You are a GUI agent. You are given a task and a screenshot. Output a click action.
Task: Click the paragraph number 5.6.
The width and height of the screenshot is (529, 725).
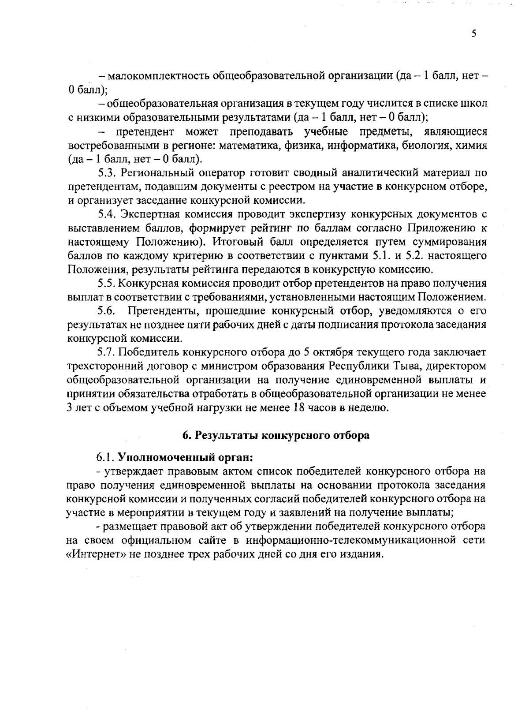[x=107, y=311]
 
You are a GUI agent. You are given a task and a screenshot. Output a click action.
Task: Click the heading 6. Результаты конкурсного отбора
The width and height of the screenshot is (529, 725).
[x=276, y=435]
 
